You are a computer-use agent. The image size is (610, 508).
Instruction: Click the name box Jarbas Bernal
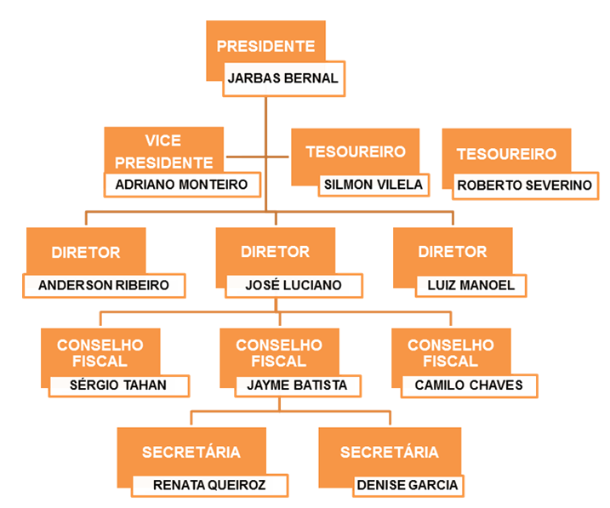(283, 78)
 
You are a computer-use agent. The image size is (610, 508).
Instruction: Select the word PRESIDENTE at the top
(265, 47)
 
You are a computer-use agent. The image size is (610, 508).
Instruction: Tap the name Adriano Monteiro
(181, 184)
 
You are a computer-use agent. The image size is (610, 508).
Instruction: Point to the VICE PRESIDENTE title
(163, 151)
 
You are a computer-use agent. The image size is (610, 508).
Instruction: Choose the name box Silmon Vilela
(372, 184)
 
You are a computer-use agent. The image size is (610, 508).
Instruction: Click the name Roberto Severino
(524, 185)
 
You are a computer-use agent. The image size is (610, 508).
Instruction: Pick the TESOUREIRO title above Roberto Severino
(506, 154)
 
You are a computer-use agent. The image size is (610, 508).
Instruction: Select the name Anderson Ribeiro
(104, 285)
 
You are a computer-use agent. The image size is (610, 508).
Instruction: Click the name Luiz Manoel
(465, 285)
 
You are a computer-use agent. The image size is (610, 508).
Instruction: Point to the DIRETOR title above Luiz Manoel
(453, 252)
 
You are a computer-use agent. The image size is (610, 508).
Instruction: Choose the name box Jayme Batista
(297, 385)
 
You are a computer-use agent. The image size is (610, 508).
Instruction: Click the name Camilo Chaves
(463, 385)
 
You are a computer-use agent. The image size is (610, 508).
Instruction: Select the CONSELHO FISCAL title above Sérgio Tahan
(100, 353)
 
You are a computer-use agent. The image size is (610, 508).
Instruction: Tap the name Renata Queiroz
(208, 485)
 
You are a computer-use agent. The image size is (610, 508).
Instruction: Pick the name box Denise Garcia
(407, 485)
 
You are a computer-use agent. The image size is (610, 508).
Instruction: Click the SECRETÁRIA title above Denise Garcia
(390, 452)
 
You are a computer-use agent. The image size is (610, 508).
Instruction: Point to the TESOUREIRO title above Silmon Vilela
(355, 151)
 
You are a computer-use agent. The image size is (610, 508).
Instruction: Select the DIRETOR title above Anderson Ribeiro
(85, 252)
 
